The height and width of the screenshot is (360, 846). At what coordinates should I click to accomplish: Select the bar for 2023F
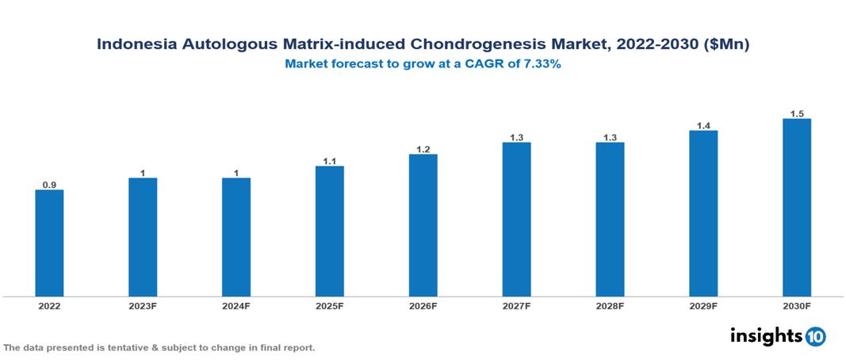[143, 237]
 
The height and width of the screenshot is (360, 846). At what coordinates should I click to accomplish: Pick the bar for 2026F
[423, 225]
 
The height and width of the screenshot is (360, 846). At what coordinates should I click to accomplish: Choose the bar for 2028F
[610, 220]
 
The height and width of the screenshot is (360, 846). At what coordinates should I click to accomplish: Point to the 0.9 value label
[49, 185]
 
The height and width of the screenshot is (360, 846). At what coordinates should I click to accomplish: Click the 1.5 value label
[797, 114]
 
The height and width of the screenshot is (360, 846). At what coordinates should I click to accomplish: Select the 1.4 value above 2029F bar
[703, 126]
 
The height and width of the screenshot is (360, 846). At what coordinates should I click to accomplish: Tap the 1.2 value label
[423, 150]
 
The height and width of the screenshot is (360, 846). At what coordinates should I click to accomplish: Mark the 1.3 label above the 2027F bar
[516, 138]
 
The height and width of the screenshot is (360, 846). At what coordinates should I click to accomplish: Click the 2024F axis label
[236, 305]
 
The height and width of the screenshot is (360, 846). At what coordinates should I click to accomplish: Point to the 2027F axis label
[516, 305]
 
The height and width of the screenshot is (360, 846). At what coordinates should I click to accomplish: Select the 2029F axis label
[703, 305]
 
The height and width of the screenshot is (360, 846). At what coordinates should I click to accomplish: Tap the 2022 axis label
[49, 305]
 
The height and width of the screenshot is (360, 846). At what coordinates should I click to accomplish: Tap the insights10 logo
[778, 335]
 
